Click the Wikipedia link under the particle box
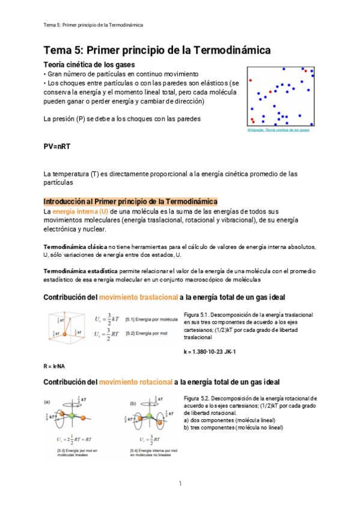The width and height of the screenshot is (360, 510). pos(278,130)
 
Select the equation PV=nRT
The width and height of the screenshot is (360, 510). pos(58,147)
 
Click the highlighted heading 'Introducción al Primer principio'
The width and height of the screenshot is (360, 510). pos(130,201)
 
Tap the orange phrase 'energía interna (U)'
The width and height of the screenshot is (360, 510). pos(76,212)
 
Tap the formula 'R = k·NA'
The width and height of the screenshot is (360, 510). pos(54,366)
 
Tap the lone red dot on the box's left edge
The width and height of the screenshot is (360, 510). pos(250,80)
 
